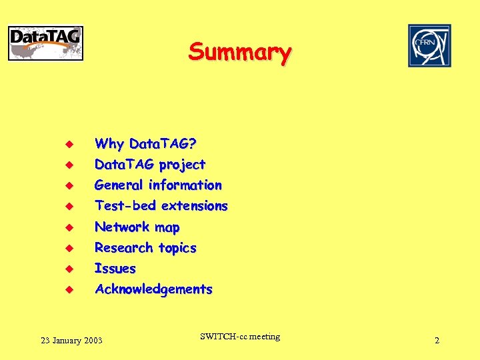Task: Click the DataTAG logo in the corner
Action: coord(45,43)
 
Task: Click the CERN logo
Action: coord(429,45)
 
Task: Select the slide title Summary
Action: coord(239,51)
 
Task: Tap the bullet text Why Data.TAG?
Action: coord(145,143)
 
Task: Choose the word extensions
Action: coord(195,206)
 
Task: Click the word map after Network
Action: coord(167,227)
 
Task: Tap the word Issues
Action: coord(115,269)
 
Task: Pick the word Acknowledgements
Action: coord(153,289)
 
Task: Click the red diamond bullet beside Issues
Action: coord(68,269)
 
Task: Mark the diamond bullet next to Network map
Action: coord(68,227)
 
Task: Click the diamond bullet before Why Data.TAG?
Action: coord(68,144)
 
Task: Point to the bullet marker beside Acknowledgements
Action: coord(68,290)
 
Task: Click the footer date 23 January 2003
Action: coord(71,341)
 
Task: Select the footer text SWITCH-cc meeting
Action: coord(240,337)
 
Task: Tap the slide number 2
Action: coord(437,341)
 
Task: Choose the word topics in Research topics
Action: coord(177,248)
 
